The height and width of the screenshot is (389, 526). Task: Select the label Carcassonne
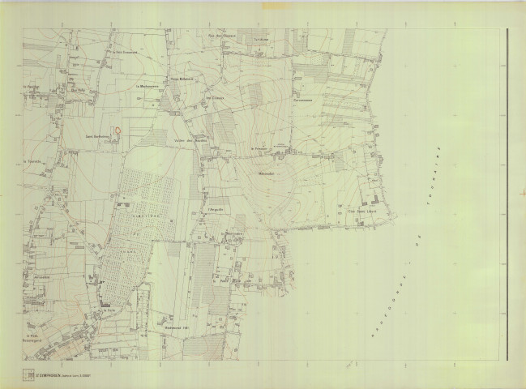[304, 100]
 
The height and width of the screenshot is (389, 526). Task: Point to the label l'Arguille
[216, 210]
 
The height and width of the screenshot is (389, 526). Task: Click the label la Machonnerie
[147, 85]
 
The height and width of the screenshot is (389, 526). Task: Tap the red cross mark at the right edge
[524, 191]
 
